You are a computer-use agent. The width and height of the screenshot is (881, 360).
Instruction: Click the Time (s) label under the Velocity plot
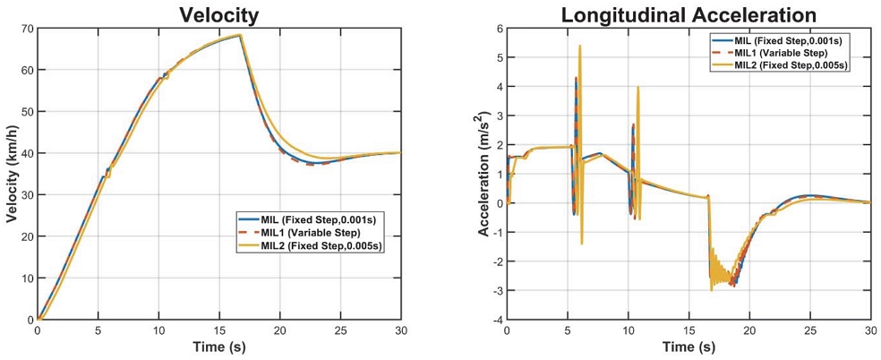[218, 346]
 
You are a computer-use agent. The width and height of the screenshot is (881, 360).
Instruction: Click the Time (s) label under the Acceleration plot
[689, 346]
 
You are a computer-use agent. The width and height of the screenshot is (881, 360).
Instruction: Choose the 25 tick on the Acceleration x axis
[809, 330]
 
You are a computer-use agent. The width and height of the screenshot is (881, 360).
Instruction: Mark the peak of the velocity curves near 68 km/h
[241, 35]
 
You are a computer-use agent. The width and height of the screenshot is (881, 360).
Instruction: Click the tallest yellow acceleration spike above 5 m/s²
[580, 47]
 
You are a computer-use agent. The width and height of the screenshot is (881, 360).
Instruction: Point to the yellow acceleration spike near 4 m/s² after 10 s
[637, 88]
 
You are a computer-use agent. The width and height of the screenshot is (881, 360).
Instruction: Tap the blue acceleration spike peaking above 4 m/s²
[576, 79]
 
